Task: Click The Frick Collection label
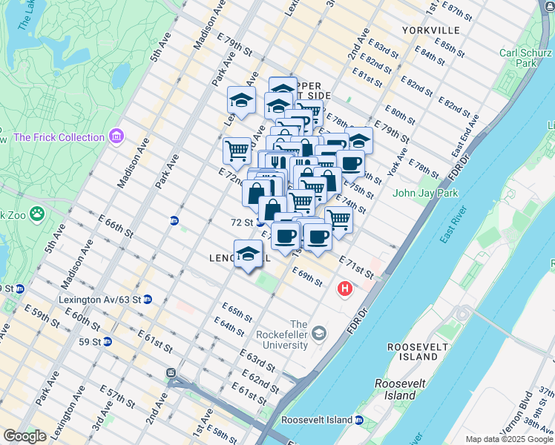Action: point(59,137)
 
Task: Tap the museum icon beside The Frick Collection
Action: point(116,136)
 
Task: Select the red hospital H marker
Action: point(344,288)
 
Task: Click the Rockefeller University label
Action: point(298,335)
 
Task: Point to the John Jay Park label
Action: point(425,194)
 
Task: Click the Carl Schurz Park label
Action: point(525,58)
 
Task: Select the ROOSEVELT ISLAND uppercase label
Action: point(418,352)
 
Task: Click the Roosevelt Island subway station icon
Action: point(359,420)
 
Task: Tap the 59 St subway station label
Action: point(90,341)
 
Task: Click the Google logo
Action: point(24,436)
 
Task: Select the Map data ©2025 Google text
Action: point(508,439)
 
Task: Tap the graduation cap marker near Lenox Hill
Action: point(248,253)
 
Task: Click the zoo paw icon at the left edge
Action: point(36,214)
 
